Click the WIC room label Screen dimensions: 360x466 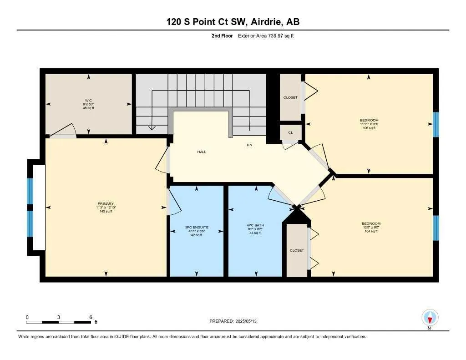(88, 100)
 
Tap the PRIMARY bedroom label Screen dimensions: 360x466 (105, 204)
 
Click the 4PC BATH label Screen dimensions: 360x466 (255, 225)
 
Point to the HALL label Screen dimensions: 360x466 (202, 152)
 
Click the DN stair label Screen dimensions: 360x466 (249, 145)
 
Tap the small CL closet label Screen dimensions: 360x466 (290, 133)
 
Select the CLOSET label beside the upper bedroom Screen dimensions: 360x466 (290, 97)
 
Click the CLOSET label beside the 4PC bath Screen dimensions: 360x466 (297, 250)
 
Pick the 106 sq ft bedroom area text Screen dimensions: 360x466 (369, 128)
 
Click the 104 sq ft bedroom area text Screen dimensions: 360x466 (371, 231)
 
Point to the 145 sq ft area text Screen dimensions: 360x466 (105, 212)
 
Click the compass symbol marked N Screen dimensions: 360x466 (430, 318)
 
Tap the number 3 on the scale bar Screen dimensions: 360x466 (59, 317)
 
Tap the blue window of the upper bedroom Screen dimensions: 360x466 (436, 124)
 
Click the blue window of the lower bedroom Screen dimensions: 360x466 (436, 228)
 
